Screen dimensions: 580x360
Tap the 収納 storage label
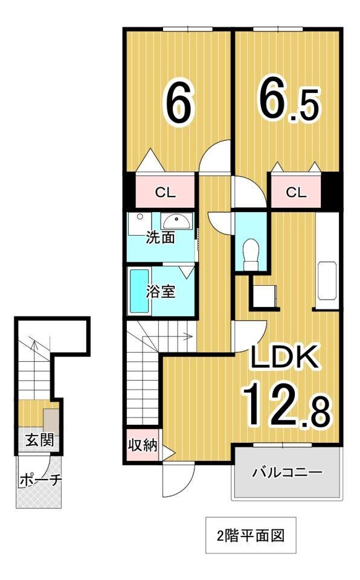[x=143, y=446]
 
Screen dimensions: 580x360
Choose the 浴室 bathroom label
[x=161, y=292]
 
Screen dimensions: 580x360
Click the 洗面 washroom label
[x=161, y=237]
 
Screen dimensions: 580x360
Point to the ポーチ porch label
[x=40, y=480]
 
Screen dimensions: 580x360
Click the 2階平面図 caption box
[x=251, y=535]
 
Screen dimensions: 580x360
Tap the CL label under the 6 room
[x=165, y=193]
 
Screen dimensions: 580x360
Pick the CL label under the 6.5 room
[x=295, y=193]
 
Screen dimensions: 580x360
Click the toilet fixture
[x=249, y=253]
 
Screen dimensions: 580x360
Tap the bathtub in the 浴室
[x=140, y=291]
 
